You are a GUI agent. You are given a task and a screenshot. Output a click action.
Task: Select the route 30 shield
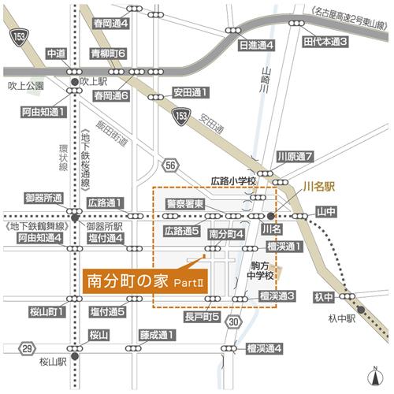233,322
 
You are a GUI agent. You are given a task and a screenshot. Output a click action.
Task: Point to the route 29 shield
27,348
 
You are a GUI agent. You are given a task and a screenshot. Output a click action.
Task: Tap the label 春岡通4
109,24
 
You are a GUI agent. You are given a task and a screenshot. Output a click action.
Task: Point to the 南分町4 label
226,233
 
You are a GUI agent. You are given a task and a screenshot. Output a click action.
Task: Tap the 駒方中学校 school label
261,269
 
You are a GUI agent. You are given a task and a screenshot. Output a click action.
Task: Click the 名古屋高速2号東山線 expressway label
348,10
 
